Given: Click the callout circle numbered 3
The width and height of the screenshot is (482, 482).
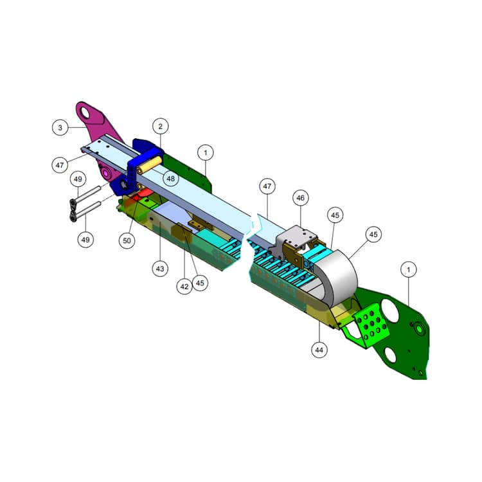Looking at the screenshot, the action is [x=60, y=127].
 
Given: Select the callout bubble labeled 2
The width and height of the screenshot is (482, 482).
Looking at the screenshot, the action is [x=161, y=126].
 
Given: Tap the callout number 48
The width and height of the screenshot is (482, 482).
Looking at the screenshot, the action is [x=170, y=178].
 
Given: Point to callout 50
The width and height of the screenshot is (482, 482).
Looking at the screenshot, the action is [x=127, y=240].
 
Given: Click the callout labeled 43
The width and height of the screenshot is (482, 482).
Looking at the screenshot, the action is [x=160, y=269].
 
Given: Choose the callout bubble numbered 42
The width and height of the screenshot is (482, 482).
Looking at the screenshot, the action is [x=184, y=287].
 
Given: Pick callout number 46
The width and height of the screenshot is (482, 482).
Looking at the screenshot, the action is [x=300, y=198].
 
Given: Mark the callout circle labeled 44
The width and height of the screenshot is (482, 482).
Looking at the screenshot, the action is [x=319, y=350].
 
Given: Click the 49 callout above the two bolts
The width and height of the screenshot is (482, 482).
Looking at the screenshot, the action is [x=78, y=179].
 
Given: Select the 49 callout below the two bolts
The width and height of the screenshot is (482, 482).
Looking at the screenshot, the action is [x=85, y=240].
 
